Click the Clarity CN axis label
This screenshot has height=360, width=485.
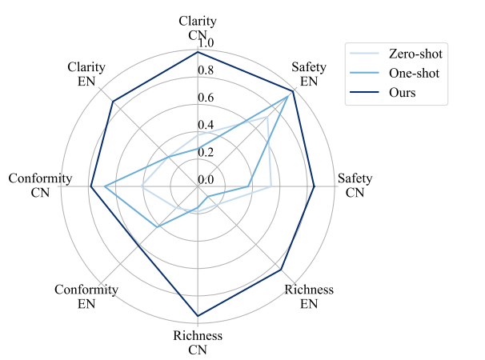[x=198, y=28]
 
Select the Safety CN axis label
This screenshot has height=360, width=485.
[x=355, y=185]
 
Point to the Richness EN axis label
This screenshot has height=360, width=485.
[x=309, y=296]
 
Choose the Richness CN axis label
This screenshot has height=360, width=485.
[x=198, y=342]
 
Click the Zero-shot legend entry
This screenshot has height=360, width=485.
[x=415, y=54]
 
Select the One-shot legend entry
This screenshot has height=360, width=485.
[x=415, y=74]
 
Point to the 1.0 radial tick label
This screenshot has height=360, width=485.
[x=206, y=42]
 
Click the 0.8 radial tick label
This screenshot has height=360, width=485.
[x=206, y=70]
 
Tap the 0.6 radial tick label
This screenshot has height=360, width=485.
[x=206, y=98]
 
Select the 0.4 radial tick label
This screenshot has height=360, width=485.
[x=206, y=126]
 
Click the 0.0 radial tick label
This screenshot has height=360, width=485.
[x=206, y=179]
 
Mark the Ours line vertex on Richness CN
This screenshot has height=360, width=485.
[x=198, y=316]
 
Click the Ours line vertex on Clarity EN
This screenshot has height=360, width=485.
[x=113, y=102]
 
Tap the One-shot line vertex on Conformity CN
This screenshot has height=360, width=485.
[x=105, y=187]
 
